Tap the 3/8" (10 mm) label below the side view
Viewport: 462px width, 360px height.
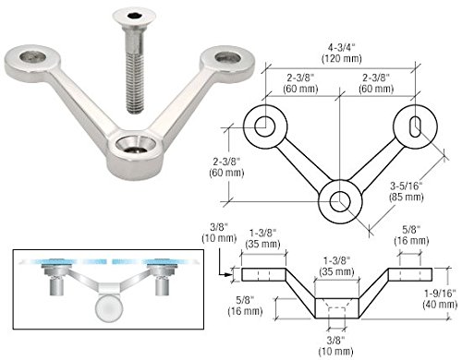tap(339, 345)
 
